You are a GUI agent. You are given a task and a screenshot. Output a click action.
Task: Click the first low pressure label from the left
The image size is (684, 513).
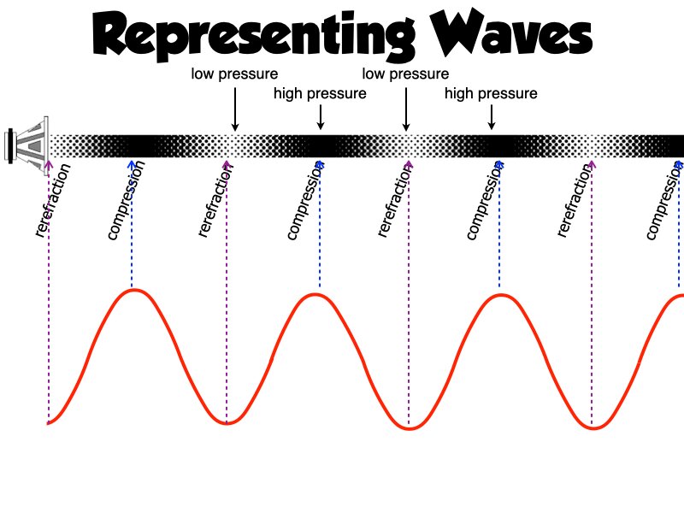(234, 74)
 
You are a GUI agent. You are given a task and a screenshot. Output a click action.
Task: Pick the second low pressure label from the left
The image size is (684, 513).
(405, 74)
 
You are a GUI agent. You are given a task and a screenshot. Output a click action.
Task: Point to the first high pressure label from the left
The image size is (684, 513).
(320, 93)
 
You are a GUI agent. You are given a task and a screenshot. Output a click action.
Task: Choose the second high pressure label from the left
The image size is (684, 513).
(491, 93)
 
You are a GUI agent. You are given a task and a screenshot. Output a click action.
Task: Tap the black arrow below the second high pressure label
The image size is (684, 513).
(491, 118)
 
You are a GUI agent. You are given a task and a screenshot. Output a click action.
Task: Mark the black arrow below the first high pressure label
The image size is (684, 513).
(320, 118)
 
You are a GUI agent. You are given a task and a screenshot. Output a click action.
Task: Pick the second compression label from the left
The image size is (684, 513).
(306, 202)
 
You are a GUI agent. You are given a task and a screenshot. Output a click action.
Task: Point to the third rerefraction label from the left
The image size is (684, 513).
(392, 201)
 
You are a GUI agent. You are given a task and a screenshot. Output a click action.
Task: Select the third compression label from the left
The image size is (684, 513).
(486, 202)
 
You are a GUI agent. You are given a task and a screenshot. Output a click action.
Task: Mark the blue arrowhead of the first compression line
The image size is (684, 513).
(132, 162)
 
